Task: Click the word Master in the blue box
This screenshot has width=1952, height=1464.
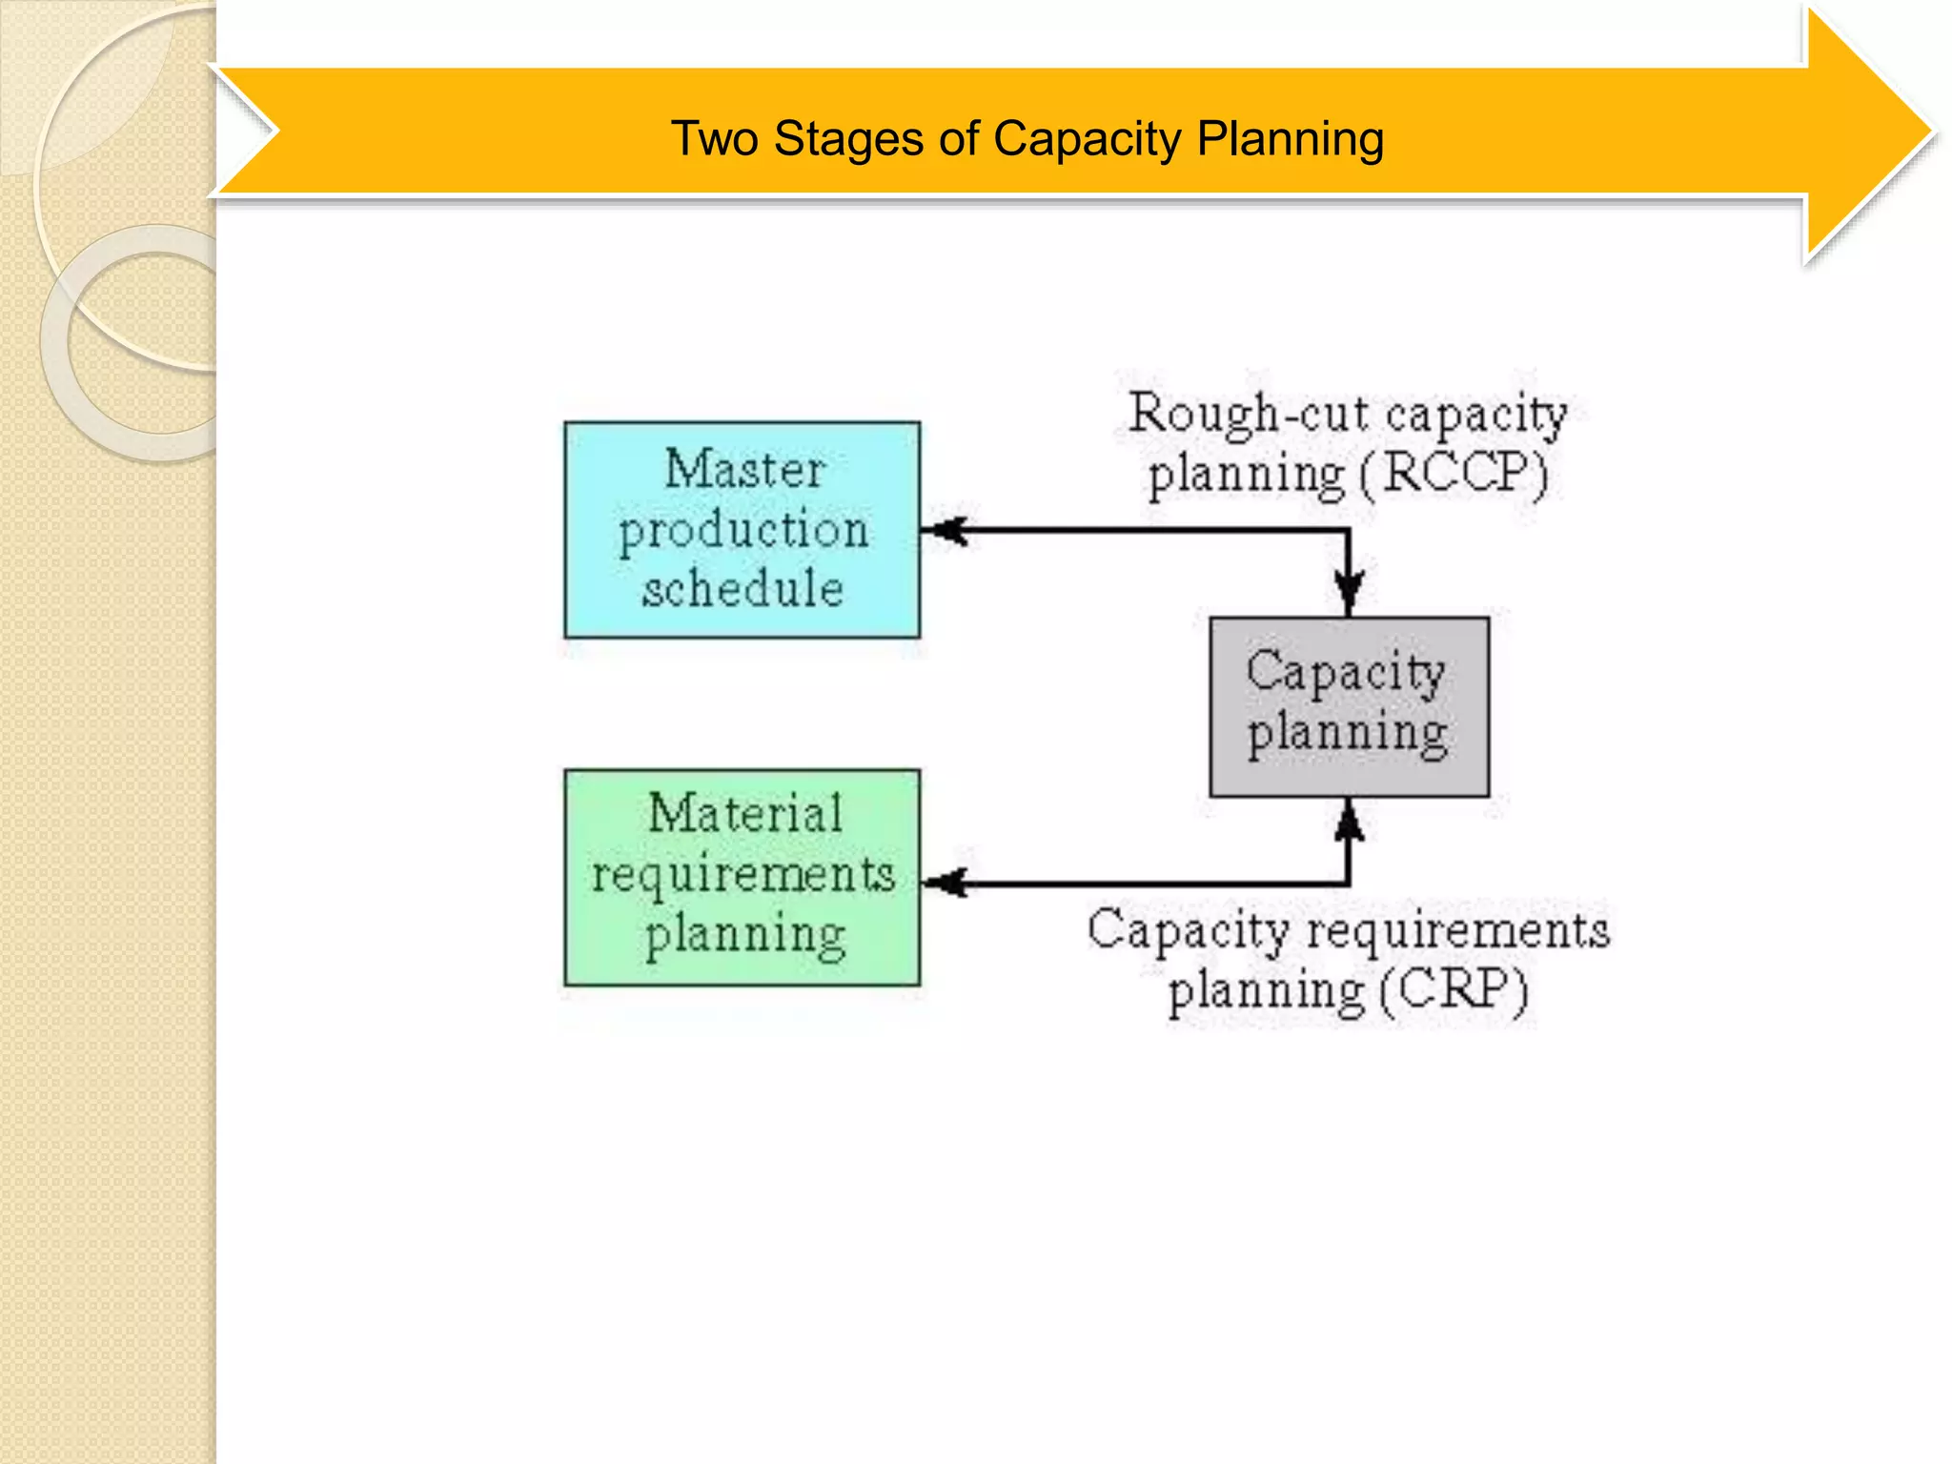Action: click(x=744, y=470)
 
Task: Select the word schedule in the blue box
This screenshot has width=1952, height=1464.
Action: click(x=742, y=587)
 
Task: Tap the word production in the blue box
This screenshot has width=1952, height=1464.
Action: click(x=743, y=531)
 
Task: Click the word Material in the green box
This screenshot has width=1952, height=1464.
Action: click(x=745, y=814)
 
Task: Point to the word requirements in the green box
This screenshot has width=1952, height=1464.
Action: click(x=743, y=875)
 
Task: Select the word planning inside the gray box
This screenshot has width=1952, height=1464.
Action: click(x=1348, y=735)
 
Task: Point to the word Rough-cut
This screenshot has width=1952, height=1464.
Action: click(x=1250, y=415)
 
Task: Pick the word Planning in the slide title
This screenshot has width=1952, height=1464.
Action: click(x=1290, y=139)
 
